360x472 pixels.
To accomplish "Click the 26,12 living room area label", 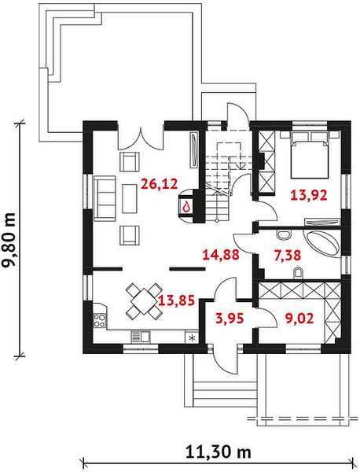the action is (x=159, y=183).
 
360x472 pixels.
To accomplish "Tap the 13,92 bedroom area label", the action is (x=309, y=195).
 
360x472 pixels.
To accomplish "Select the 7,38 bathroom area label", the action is (x=288, y=255).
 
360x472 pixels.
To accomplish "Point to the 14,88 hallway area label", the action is (x=221, y=255).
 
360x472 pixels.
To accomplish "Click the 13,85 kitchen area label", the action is (x=177, y=301).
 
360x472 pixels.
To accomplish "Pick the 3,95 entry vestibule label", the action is (x=230, y=318).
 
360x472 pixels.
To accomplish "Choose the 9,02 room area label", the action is (x=299, y=318).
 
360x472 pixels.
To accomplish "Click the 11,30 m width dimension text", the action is (x=218, y=452).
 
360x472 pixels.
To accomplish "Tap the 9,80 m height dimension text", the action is (x=8, y=240).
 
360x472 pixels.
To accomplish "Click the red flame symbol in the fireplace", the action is (x=187, y=207).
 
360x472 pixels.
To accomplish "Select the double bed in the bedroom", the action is (x=309, y=154).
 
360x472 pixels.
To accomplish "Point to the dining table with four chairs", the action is (x=144, y=301).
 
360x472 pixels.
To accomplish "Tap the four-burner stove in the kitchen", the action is (x=100, y=320).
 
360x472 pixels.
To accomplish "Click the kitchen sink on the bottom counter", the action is (x=141, y=336).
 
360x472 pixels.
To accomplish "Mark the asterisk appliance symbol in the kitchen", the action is (x=192, y=337).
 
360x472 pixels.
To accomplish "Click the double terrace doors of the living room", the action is (x=141, y=139).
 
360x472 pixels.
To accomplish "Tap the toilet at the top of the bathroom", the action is (x=284, y=234).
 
